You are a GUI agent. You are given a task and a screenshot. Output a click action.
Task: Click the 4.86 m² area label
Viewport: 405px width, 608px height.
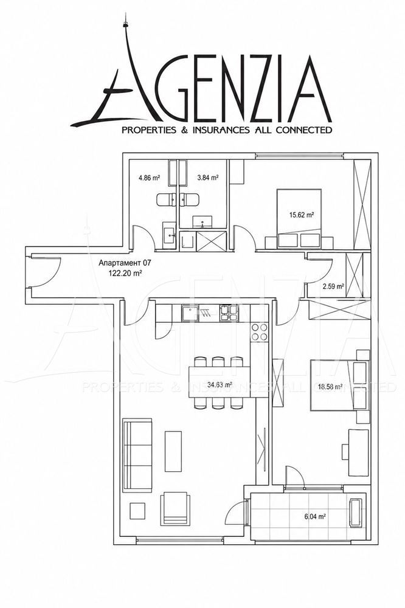[x=150, y=178]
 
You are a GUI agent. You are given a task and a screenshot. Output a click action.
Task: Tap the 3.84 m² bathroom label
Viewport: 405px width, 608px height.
[x=208, y=178]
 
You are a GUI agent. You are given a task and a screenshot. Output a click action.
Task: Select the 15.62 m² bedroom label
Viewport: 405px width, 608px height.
[x=302, y=214]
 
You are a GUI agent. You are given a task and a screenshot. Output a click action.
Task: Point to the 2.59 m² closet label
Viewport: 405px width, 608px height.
[x=333, y=287]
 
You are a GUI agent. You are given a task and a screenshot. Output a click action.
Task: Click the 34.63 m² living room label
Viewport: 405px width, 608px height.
[x=220, y=385]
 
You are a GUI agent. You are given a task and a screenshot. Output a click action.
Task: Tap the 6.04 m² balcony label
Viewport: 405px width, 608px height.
[x=314, y=516]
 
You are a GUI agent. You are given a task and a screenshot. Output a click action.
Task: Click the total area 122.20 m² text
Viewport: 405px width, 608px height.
[x=125, y=272]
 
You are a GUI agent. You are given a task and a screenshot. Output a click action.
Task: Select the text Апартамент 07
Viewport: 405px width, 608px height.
[x=125, y=263]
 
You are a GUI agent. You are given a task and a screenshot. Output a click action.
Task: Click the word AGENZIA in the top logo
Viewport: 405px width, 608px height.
[x=202, y=83]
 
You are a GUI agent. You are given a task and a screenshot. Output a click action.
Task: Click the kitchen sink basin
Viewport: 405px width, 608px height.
[x=189, y=313]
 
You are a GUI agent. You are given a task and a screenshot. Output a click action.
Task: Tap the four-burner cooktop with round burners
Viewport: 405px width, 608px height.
[x=260, y=332]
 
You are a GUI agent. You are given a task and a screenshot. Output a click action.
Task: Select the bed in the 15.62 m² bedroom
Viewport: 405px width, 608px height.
[x=299, y=218]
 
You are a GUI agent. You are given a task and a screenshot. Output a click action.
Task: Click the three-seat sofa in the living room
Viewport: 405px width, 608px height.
[x=137, y=455]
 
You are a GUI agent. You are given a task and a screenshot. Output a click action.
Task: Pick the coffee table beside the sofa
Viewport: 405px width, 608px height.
[x=173, y=451]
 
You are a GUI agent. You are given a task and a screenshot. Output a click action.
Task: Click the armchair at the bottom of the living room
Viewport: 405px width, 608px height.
[x=176, y=509]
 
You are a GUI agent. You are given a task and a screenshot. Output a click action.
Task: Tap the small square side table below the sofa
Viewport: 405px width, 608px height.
[x=137, y=511]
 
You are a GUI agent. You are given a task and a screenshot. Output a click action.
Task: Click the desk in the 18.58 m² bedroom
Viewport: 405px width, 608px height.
[x=358, y=452]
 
